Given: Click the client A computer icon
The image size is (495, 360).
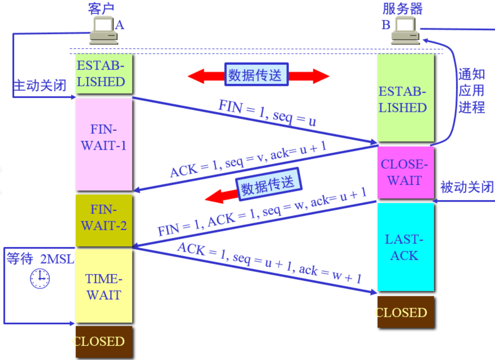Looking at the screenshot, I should point(104,31).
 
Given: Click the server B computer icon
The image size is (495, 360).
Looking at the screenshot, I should point(405,31).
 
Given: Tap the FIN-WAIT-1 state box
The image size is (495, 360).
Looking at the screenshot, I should point(104,144).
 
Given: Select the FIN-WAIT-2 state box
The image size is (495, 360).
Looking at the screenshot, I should point(104,220).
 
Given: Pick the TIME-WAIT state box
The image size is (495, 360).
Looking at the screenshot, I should point(104,286).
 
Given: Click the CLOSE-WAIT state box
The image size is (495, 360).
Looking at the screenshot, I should point(405,172).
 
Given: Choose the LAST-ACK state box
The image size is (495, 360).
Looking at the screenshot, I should point(405,247).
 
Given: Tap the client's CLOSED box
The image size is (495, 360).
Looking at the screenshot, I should point(104,341).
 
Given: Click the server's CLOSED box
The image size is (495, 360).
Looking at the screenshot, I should point(405,312).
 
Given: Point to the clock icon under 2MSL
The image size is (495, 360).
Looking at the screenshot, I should point(40,278).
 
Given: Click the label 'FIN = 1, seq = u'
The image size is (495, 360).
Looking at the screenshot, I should point(267,112).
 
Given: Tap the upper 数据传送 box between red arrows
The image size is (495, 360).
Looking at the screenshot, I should point(256,74).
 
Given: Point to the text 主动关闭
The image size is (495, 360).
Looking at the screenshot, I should point(40,85).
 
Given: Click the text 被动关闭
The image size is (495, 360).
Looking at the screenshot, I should point(467,187).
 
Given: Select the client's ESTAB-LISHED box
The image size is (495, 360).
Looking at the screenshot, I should point(104,73).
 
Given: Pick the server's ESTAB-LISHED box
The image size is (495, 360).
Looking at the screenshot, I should point(405,99).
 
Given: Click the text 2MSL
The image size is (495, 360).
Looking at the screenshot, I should point(57,259).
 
